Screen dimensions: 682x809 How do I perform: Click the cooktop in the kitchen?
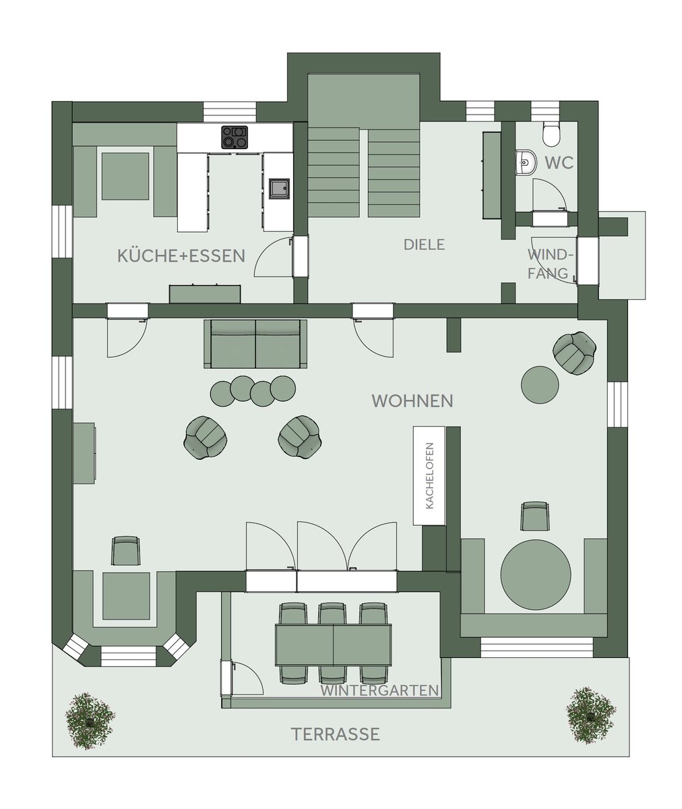click(235, 137)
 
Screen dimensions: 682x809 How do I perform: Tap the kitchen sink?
click(280, 188)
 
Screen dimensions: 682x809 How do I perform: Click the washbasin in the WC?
click(526, 162)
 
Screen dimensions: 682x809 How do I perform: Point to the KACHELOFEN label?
click(429, 476)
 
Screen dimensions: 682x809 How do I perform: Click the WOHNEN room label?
click(412, 401)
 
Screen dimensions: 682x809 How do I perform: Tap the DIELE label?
click(424, 245)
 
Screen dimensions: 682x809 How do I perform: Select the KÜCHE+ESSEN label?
click(181, 256)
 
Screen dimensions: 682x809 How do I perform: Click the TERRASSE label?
click(336, 734)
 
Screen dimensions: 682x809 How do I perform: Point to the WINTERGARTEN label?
click(379, 690)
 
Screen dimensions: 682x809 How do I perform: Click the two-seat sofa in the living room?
click(255, 344)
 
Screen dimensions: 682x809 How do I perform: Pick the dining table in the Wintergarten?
click(333, 645)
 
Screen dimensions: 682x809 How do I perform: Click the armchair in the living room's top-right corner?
click(574, 353)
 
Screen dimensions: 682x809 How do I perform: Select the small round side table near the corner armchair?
click(540, 385)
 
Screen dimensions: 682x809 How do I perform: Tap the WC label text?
click(559, 163)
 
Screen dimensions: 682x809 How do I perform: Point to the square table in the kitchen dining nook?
click(125, 176)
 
